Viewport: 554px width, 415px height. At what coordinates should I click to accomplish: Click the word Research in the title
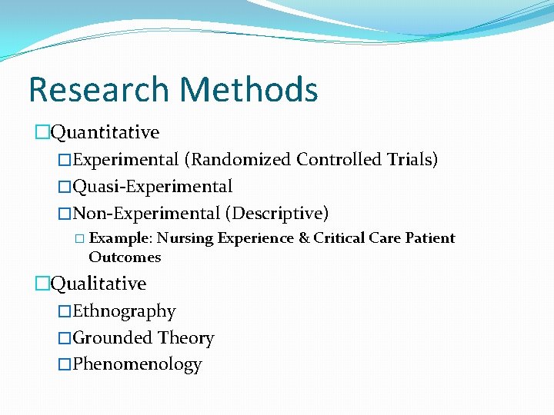(x=100, y=89)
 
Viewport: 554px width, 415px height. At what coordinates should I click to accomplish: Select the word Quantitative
(x=105, y=132)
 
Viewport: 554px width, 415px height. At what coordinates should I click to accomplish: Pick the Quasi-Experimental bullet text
(x=152, y=187)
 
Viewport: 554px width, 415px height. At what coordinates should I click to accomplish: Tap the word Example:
(x=122, y=238)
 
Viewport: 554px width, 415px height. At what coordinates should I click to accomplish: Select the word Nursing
(x=185, y=238)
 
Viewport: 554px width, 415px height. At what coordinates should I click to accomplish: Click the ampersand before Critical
(x=303, y=238)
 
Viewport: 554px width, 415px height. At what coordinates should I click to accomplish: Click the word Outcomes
(x=125, y=257)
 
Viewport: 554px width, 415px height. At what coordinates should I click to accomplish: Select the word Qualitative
(x=98, y=284)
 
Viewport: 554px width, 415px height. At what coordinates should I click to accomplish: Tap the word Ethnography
(x=124, y=311)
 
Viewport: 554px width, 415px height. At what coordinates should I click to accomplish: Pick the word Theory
(x=186, y=338)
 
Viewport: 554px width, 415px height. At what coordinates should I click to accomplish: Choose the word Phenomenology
(x=137, y=364)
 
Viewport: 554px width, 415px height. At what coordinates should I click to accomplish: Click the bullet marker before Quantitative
(x=42, y=133)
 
